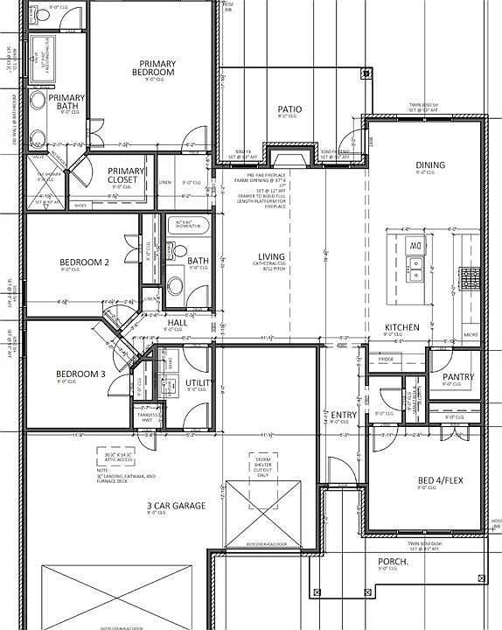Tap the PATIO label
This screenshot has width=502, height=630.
pyautogui.click(x=289, y=109)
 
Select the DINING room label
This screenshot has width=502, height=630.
pyautogui.click(x=429, y=164)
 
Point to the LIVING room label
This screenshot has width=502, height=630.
pyautogui.click(x=272, y=256)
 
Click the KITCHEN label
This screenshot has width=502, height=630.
pyautogui.click(x=402, y=327)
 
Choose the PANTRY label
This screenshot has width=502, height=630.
pyautogui.click(x=457, y=377)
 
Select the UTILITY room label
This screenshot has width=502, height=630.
pyautogui.click(x=197, y=383)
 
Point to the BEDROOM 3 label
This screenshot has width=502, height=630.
pyautogui.click(x=80, y=374)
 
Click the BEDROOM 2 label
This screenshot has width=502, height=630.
pyautogui.click(x=83, y=262)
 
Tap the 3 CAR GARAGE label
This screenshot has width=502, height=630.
pyautogui.click(x=176, y=506)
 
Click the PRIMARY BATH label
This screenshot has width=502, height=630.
pyautogui.click(x=67, y=102)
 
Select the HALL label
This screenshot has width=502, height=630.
pyautogui.click(x=177, y=323)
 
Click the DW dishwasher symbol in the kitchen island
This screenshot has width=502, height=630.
pyautogui.click(x=415, y=248)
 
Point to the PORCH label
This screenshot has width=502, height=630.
pyautogui.click(x=394, y=562)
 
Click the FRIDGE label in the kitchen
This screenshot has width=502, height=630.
pyautogui.click(x=386, y=360)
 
